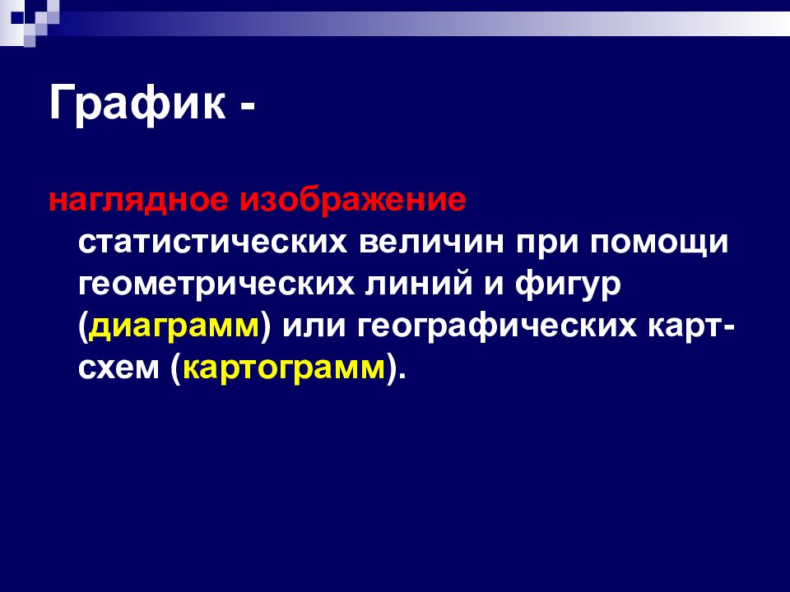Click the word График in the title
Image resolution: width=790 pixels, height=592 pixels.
[137, 104]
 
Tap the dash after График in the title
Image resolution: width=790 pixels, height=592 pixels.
[248, 107]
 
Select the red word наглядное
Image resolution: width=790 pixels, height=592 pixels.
[138, 201]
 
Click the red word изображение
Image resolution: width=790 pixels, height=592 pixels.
[353, 201]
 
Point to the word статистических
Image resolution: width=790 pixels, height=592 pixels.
[212, 243]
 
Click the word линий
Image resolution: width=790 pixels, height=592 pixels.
[420, 283]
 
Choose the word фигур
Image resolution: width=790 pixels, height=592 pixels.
[568, 284]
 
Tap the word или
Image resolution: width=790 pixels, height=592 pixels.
[314, 326]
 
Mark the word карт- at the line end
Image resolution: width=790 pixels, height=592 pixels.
[691, 326]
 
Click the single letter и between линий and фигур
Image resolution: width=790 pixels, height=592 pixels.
[494, 284]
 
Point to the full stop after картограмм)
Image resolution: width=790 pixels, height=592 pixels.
[401, 377]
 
